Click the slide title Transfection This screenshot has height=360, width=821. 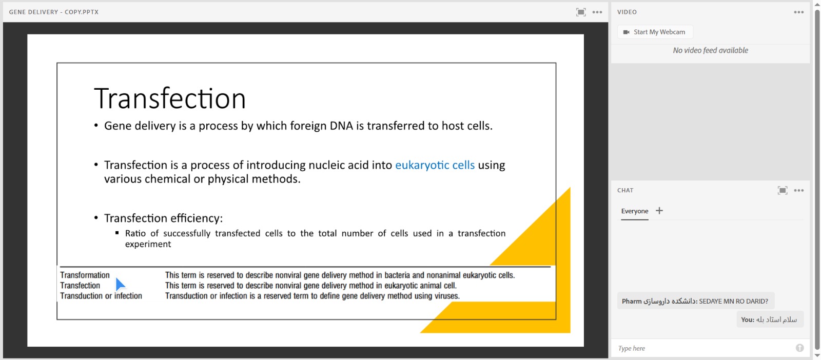(170, 98)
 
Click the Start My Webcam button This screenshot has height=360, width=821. (655, 32)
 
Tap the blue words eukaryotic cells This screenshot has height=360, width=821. (435, 165)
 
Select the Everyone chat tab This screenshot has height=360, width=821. (634, 211)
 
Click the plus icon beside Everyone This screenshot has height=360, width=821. (659, 211)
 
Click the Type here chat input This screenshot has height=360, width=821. (703, 348)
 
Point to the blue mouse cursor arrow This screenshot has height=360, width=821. (120, 285)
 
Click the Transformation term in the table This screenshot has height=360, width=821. (85, 275)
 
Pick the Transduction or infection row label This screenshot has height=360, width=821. (101, 296)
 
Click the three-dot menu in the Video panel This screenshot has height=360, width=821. (798, 12)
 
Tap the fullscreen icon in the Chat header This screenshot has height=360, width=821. (782, 190)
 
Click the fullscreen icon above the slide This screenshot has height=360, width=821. (580, 12)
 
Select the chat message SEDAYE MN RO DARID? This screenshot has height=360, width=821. (733, 301)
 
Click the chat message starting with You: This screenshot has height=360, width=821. (770, 319)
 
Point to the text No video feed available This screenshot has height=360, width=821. (710, 51)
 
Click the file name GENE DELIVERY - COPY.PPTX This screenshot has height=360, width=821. (54, 12)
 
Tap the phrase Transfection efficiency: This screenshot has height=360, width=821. (164, 218)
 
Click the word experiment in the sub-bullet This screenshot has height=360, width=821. (148, 244)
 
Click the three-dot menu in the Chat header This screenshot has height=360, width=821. (798, 190)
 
